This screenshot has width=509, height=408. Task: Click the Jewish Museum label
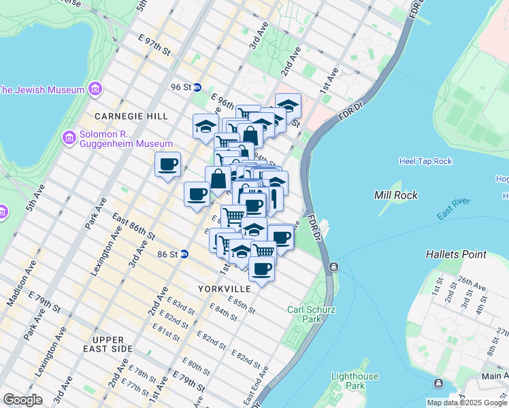[x=42, y=90]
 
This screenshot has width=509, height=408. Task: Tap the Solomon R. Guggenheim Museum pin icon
[x=69, y=139]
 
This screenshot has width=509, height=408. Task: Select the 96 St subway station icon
[x=197, y=87]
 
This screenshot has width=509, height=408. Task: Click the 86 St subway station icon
[x=184, y=254]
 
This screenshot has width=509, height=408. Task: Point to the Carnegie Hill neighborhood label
[x=131, y=116]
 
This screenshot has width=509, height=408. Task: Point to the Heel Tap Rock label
[x=425, y=161]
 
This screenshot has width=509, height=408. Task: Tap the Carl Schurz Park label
[x=303, y=313]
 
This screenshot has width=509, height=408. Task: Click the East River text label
[x=454, y=213]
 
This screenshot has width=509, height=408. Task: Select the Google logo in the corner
[x=22, y=399]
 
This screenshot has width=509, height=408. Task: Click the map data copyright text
[x=467, y=403]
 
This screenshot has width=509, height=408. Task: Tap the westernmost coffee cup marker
[x=167, y=164]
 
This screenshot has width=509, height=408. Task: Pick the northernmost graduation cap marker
[x=288, y=105]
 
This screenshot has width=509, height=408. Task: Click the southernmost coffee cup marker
[x=261, y=269]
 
